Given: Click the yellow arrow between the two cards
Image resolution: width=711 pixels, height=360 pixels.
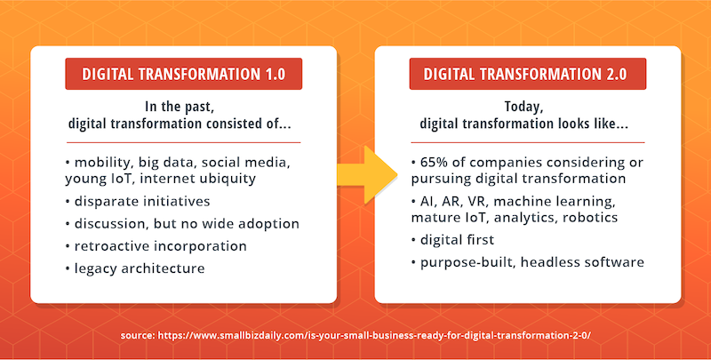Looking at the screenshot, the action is [x=366, y=175].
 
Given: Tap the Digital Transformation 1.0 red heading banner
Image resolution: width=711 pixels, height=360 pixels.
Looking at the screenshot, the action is [x=184, y=74].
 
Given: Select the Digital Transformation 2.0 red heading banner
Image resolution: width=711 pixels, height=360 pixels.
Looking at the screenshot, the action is [x=527, y=74].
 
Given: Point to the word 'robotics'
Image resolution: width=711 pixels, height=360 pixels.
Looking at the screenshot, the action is [x=590, y=217].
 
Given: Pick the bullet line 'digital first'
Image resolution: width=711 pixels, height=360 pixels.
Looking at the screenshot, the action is [x=452, y=239].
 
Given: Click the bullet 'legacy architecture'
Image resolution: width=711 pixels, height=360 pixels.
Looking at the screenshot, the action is [x=135, y=268].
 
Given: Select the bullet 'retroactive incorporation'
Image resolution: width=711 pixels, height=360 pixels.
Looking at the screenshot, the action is [x=156, y=245].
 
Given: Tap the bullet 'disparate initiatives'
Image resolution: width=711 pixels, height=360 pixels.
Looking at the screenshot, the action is [x=138, y=201].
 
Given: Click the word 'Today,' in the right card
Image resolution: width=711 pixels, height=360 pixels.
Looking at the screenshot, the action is [x=523, y=107].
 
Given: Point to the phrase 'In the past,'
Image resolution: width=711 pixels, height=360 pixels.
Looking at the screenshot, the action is [x=180, y=107].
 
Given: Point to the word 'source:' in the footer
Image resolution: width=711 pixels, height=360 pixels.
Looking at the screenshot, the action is [x=138, y=336].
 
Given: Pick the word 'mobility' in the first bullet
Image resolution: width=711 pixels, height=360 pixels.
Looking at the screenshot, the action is [x=104, y=163].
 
